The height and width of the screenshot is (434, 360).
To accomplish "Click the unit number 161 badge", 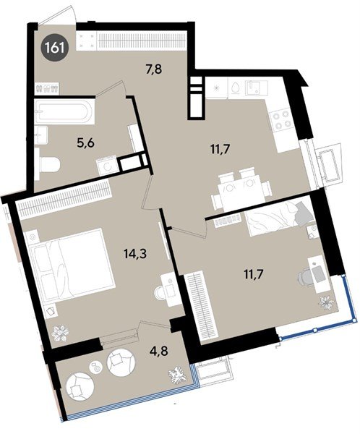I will (53, 50).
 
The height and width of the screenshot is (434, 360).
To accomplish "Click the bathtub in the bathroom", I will (61, 111).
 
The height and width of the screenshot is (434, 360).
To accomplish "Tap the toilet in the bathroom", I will (48, 166).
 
